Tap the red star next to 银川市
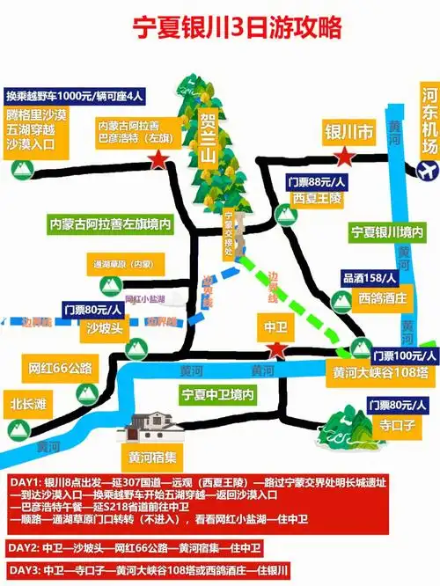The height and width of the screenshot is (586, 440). point(345,157)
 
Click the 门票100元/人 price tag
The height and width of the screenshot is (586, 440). point(404,355)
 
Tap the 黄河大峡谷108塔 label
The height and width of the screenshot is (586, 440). point(381,373)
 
